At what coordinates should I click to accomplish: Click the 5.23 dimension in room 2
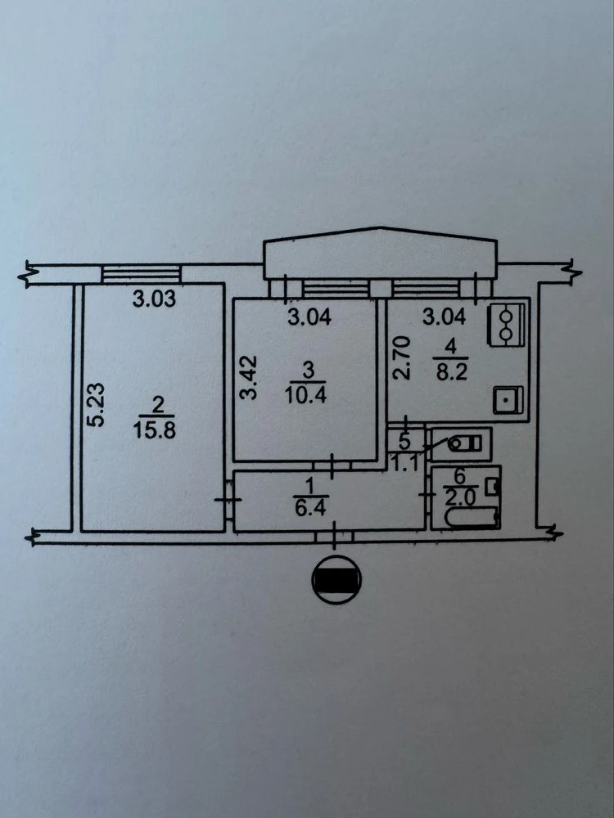96,406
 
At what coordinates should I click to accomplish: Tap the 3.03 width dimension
154,299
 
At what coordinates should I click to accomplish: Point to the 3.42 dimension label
250,378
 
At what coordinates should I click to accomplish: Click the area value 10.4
306,395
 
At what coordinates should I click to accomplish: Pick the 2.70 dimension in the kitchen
403,357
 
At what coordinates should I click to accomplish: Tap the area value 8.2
452,373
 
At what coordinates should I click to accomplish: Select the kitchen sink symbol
508,400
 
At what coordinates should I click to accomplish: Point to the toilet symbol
464,444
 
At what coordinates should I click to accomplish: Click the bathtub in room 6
472,518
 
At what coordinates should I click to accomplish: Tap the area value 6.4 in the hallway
310,508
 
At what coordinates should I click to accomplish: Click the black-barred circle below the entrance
336,580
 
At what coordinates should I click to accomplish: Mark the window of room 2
141,274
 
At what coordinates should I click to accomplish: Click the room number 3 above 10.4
308,371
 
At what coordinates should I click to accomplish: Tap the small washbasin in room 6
492,488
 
